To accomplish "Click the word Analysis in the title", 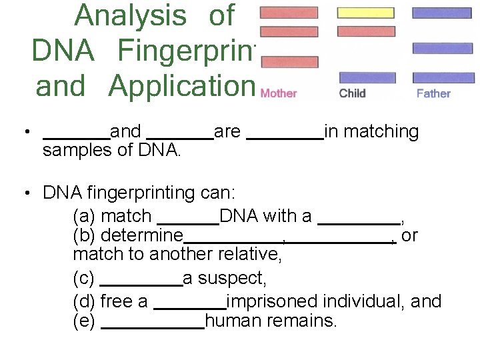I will [131, 15].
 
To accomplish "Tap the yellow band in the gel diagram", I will [365, 13].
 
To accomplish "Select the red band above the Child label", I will [365, 31].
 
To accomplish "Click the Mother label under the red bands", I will [279, 93].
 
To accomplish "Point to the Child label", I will [353, 93].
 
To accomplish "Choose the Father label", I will [433, 93].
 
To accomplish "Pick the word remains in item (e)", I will [303, 321].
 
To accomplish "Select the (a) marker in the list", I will [84, 216].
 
